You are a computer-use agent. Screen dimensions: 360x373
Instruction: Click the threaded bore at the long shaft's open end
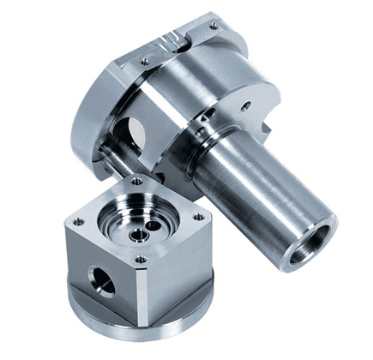coord(311,243)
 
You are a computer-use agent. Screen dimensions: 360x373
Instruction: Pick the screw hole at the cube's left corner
coord(78,221)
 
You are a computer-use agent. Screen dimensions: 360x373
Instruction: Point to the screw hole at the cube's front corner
coord(141,259)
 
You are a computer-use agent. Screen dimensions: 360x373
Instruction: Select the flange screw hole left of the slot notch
coord(145,61)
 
